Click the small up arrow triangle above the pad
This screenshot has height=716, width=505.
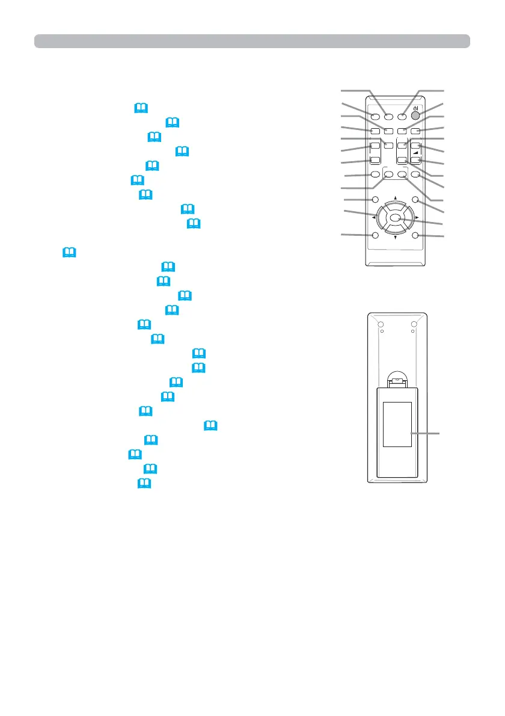pos(395,197)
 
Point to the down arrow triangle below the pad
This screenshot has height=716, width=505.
pos(395,238)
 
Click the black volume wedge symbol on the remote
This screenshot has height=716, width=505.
pos(414,153)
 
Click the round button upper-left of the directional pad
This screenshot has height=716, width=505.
pos(375,200)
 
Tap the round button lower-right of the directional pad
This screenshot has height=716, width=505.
pos(415,235)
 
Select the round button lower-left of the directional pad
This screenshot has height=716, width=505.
pos(375,235)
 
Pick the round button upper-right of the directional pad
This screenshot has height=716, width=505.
pos(415,200)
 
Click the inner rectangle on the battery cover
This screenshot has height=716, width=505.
pos(397,425)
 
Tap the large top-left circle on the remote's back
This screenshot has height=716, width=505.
pos(381,326)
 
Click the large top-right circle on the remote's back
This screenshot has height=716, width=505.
pos(414,326)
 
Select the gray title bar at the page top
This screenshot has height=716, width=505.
pos(252,41)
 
